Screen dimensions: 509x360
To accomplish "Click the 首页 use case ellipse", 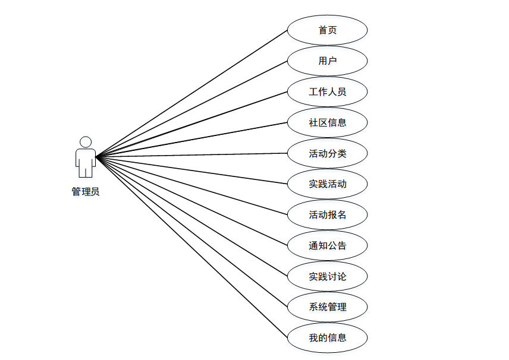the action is click(327, 30).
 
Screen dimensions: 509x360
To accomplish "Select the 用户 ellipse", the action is click(327, 61).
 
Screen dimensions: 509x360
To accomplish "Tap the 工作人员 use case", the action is click(327, 92).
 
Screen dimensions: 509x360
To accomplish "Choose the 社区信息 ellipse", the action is click(327, 123).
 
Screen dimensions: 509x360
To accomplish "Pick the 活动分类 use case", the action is click(327, 154).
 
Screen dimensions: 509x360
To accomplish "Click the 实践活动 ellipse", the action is click(327, 184).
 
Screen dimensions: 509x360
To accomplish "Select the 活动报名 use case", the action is click(327, 215).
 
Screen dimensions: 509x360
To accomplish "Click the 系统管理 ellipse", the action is click(327, 307).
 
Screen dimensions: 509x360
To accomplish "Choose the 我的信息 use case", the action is click(327, 338).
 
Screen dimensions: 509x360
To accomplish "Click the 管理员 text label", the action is click(86, 192).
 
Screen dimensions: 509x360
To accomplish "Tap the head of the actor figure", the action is click(86, 143).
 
